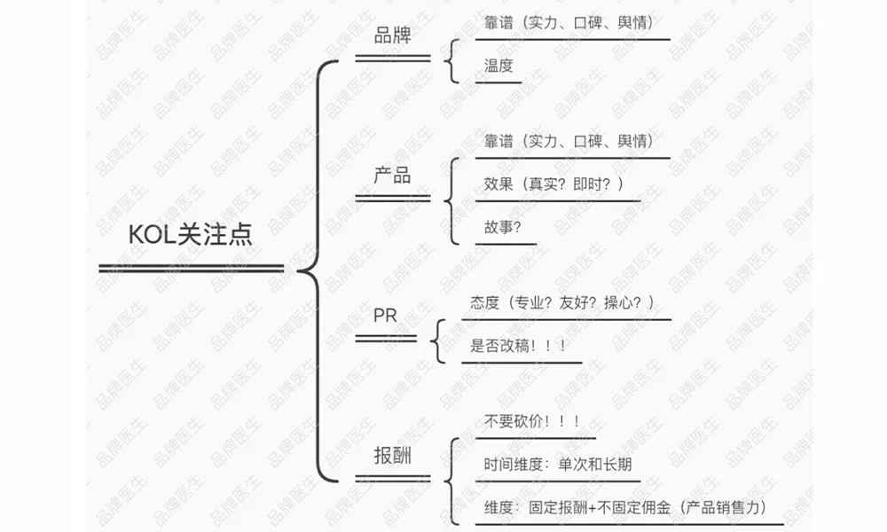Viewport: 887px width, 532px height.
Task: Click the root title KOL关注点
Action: [x=191, y=234]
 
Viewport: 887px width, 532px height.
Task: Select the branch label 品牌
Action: [x=392, y=36]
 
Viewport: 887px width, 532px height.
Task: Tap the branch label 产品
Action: [x=392, y=175]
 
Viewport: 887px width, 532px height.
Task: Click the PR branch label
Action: [x=385, y=316]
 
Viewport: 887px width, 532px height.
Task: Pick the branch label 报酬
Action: [x=392, y=455]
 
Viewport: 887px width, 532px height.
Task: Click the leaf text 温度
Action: [x=498, y=65]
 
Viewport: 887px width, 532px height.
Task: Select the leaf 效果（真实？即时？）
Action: [x=554, y=184]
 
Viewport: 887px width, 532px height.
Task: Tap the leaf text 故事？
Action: [x=503, y=226]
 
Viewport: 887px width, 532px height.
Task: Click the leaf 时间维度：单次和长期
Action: [x=558, y=465]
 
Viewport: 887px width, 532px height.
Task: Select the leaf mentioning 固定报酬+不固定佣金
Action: [x=624, y=508]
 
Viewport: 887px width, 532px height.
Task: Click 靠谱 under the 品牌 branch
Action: [x=498, y=22]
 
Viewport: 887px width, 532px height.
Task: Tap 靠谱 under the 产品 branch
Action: [x=498, y=141]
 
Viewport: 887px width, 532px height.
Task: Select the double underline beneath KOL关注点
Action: [x=191, y=268]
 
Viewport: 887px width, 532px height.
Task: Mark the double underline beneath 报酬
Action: [x=392, y=480]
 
